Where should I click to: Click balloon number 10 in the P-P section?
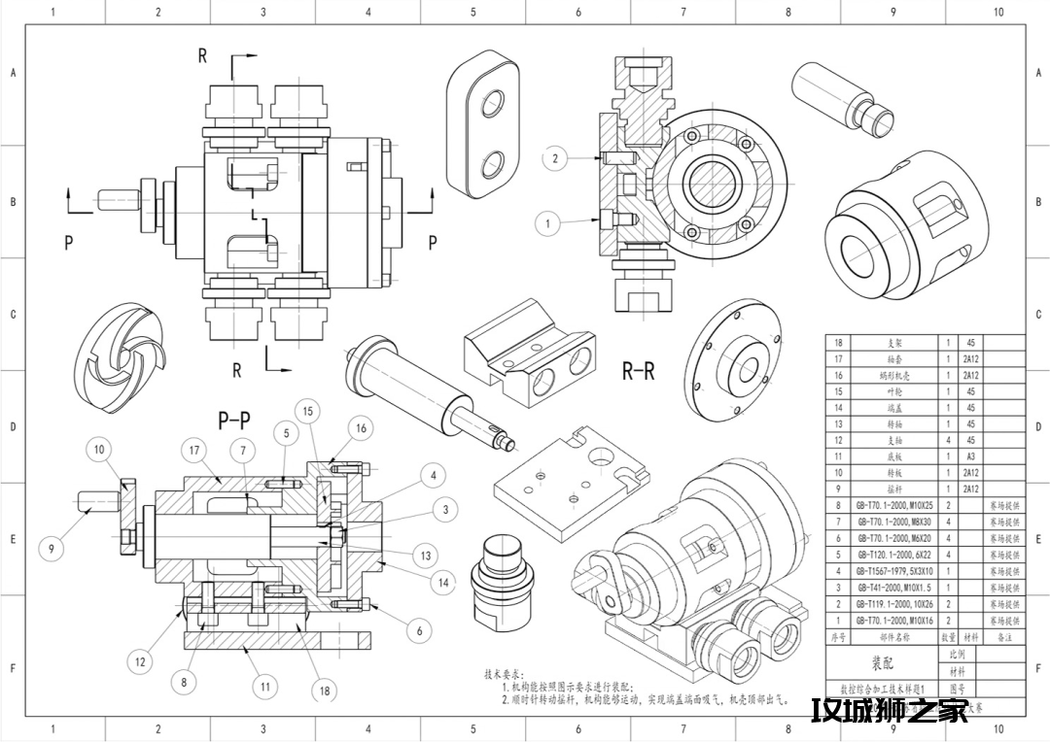click(x=100, y=450)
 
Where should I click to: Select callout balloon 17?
click(x=194, y=450)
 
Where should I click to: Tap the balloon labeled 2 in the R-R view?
click(x=554, y=158)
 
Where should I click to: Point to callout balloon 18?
click(x=325, y=691)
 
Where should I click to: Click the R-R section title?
click(x=638, y=371)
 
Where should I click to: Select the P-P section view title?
click(x=233, y=421)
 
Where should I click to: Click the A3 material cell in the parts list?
click(x=970, y=456)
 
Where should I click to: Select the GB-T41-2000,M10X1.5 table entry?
click(x=893, y=588)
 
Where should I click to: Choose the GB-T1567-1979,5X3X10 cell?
click(x=893, y=571)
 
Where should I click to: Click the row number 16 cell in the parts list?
click(x=838, y=375)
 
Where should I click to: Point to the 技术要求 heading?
click(x=505, y=672)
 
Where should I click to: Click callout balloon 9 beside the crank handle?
click(x=52, y=549)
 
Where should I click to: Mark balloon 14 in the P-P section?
click(x=443, y=583)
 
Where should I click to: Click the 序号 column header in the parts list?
click(x=838, y=637)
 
